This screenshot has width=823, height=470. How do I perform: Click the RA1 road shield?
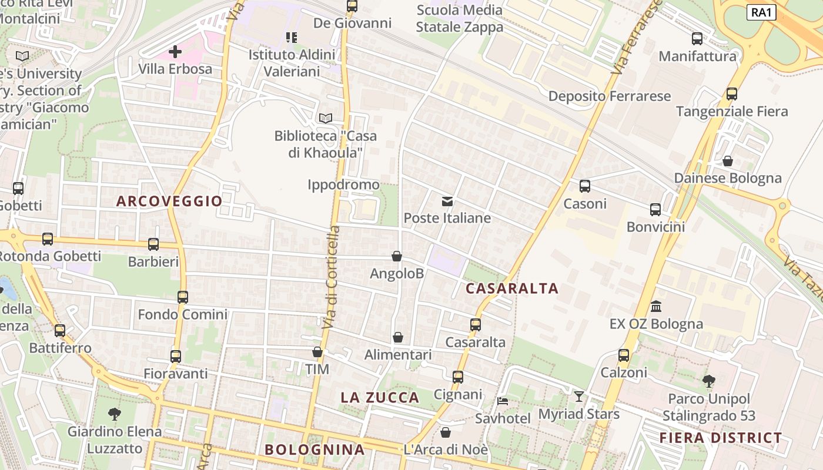click(761, 12)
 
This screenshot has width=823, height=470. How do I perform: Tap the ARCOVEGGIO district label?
click(169, 201)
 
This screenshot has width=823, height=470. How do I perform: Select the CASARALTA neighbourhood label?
click(512, 288)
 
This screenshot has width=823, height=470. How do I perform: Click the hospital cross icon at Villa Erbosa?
click(175, 52)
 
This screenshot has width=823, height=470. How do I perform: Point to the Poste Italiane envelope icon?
click(447, 202)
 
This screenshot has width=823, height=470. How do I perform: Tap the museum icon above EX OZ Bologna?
click(656, 307)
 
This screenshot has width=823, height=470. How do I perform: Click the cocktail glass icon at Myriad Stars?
click(579, 397)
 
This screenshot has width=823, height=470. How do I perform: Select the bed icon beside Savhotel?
click(503, 401)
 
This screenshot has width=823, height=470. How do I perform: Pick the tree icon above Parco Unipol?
click(709, 381)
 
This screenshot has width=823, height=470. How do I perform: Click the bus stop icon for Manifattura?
click(697, 39)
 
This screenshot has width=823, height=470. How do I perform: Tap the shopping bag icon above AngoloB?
click(397, 256)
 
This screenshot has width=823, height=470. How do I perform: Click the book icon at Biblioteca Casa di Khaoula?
click(326, 118)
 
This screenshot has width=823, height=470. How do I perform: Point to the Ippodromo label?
click(343, 185)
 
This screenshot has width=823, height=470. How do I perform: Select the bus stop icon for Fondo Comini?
click(183, 297)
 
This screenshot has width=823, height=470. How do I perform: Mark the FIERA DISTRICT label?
click(721, 438)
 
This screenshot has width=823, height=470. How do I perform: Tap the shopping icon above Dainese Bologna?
click(728, 160)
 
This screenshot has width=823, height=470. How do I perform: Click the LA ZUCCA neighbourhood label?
click(380, 398)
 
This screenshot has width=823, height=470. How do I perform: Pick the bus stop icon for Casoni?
click(585, 186)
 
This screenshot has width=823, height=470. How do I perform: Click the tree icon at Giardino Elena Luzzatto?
click(115, 414)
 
